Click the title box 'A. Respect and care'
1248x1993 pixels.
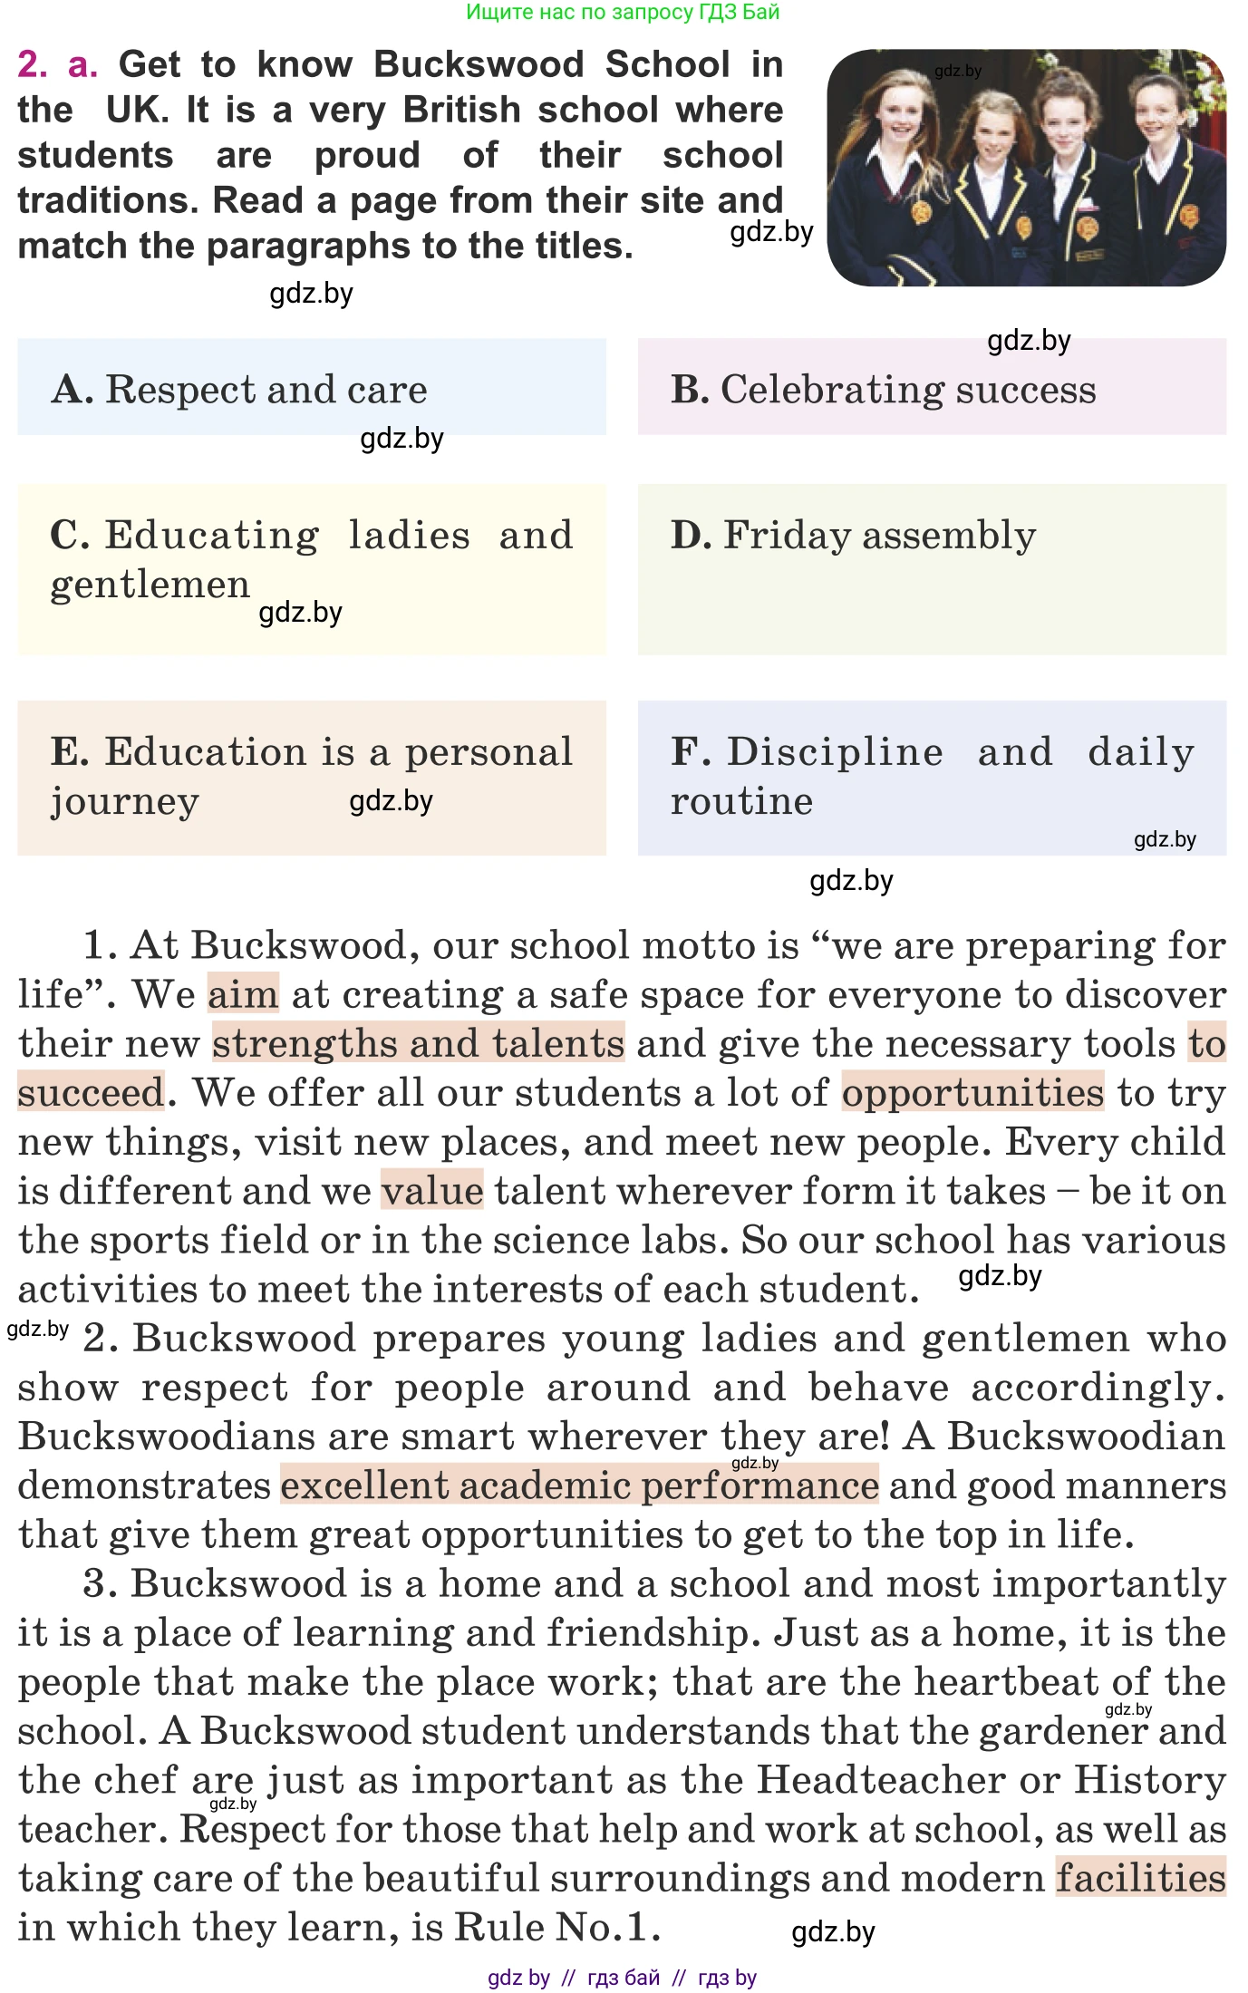311,388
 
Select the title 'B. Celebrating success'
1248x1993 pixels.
931,388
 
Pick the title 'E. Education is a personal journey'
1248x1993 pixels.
311,776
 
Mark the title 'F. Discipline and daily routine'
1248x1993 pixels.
931,776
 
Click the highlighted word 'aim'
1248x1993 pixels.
243,994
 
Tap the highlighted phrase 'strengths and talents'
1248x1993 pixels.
418,1043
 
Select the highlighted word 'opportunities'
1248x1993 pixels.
972,1092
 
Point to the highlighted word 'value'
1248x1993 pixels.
431,1190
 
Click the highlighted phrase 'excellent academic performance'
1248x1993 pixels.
579,1485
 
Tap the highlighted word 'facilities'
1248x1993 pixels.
1140,1877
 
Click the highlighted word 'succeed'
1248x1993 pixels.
91,1092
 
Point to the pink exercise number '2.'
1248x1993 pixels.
34,64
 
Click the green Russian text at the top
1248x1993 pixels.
623,12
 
